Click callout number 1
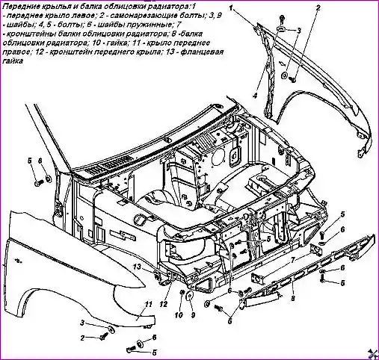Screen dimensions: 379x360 click(x=232, y=8)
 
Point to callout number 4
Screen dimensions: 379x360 click(x=254, y=96)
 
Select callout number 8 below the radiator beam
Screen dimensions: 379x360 click(x=293, y=298)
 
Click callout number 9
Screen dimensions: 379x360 click(x=193, y=315)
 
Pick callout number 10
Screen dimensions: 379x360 click(x=179, y=315)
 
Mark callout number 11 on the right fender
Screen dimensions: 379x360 click(x=149, y=304)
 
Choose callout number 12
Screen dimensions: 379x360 click(x=164, y=304)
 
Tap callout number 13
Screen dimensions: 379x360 click(x=137, y=267)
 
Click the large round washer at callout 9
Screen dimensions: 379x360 click(x=191, y=297)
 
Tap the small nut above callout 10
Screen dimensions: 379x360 click(x=182, y=291)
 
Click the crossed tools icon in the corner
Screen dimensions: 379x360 click(x=372, y=353)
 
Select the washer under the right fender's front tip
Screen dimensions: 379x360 click(x=111, y=329)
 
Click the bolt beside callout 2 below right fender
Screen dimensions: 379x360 click(x=104, y=337)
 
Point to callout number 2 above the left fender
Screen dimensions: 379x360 click(x=318, y=8)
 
